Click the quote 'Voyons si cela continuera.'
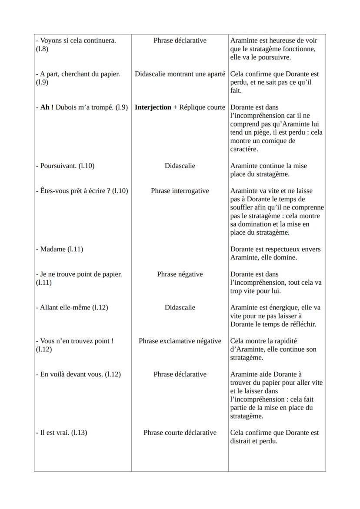78,40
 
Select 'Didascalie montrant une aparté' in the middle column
180,74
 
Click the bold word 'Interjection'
153,107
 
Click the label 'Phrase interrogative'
180,191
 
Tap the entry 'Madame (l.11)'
61,249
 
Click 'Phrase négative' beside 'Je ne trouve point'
180,274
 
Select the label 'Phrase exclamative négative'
180,341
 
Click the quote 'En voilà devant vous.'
71,374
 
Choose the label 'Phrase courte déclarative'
180,432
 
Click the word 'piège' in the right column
259,132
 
